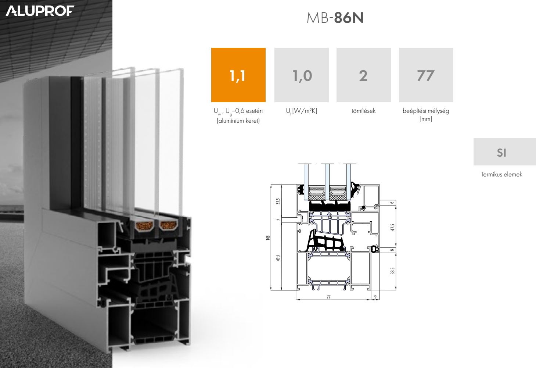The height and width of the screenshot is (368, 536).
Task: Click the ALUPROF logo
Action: coord(40,11)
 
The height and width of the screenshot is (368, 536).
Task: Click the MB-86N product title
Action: coord(335,18)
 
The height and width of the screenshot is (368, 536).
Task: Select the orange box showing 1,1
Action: coord(238,75)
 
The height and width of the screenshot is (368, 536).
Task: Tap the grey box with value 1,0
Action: coord(302,75)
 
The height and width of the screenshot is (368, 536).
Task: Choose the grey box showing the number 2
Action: coord(364,75)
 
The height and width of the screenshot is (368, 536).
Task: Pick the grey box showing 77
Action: coord(426,75)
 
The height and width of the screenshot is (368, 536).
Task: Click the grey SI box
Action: coord(505,152)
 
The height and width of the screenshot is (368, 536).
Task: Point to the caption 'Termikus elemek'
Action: coord(501,174)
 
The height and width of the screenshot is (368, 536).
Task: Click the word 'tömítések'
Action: coord(363,111)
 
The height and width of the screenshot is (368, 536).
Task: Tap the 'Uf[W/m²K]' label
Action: coord(302,111)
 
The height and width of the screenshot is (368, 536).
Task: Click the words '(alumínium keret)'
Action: coord(238,121)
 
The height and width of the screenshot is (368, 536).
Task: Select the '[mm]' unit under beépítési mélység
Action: coord(426,119)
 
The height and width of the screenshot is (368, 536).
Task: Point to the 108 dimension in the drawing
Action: coord(268,237)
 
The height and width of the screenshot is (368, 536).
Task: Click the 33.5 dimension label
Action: coord(278,201)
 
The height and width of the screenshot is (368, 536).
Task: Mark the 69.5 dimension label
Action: coord(278,258)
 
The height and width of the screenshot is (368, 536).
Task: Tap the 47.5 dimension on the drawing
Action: coord(392,227)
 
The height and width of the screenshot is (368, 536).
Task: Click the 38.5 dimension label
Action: coord(392,271)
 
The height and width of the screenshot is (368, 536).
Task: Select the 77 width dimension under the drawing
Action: coord(328,297)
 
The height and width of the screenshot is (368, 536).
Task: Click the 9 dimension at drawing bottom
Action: coord(375,297)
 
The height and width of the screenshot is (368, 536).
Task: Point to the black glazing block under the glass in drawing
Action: coord(330,206)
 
